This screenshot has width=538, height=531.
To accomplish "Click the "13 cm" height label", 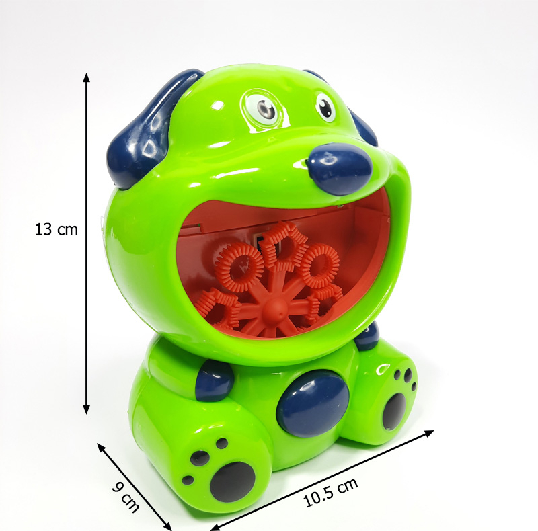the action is click(56, 229).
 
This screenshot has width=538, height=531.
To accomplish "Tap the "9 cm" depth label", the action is click(126, 497).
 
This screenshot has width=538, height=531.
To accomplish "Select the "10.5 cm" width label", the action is click(331, 492).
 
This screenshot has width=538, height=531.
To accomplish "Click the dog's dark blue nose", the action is click(340, 169).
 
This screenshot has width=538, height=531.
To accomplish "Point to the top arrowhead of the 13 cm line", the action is click(87, 77).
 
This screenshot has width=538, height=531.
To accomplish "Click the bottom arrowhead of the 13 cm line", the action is click(87, 409).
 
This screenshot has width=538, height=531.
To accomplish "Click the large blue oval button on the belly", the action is click(313, 403).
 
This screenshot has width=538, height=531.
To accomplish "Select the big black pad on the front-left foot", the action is click(233, 482).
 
